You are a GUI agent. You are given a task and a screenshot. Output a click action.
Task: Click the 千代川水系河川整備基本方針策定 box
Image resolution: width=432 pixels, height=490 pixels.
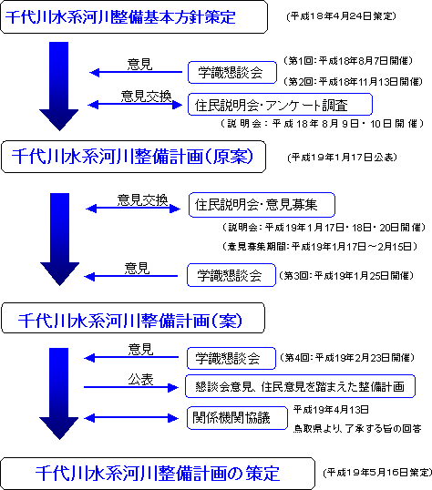click(x=134, y=17)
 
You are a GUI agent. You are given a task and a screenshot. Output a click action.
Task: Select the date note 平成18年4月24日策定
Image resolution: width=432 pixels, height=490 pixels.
click(x=341, y=15)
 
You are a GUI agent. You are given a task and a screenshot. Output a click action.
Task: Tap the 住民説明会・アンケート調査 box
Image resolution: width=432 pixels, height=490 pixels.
click(x=280, y=105)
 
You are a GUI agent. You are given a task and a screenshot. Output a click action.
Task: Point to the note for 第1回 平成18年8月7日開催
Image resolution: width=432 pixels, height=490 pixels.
click(x=348, y=60)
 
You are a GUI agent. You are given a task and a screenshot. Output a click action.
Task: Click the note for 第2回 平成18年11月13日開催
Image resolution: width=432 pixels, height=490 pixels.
click(x=353, y=82)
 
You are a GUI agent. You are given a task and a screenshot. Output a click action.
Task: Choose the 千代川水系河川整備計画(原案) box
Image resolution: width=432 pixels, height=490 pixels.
click(x=134, y=157)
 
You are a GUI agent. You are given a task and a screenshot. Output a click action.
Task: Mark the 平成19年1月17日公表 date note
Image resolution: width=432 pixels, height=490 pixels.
click(x=342, y=157)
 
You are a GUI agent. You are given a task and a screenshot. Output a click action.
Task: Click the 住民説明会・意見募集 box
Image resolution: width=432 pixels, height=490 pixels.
click(x=262, y=205)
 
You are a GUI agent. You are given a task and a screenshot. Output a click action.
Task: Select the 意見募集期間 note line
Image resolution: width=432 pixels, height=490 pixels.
click(x=320, y=247)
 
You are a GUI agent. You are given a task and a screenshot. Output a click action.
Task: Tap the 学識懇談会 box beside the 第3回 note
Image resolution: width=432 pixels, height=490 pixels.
click(x=231, y=275)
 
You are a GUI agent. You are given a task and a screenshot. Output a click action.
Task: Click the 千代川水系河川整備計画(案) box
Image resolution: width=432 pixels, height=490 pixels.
click(x=133, y=318)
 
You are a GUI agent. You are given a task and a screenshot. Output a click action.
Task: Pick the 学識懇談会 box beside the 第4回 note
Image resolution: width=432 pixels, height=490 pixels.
click(x=231, y=358)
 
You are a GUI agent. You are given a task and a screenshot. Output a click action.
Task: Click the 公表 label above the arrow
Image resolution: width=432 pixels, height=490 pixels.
click(x=140, y=380)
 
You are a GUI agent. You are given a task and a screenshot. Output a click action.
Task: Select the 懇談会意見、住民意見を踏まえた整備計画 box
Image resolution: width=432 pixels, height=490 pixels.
click(x=300, y=386)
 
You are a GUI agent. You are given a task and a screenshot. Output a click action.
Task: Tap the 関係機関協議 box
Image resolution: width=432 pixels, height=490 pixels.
click(x=237, y=418)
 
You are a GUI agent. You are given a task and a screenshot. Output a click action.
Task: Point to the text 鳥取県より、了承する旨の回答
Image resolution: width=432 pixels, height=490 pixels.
click(x=357, y=428)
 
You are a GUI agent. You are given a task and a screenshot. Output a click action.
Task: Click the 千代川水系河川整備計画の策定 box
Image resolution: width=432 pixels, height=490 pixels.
click(x=158, y=473)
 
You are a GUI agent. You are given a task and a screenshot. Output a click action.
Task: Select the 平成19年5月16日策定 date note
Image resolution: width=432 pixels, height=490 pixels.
click(x=377, y=472)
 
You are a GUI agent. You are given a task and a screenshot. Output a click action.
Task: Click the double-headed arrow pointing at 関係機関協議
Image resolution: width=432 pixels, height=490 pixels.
click(x=131, y=418)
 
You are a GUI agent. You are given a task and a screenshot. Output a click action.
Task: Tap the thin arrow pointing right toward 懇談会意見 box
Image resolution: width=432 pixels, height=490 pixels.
click(x=131, y=387)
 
